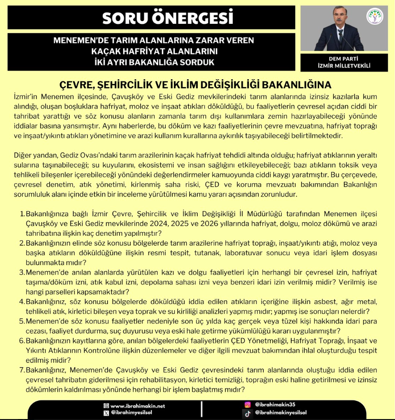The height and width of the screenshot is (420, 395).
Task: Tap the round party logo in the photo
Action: [x=374, y=16]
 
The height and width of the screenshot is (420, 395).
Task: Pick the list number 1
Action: [x=22, y=215]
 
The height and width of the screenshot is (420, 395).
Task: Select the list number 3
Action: [x=22, y=273]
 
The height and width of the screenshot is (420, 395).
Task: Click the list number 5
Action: [x=22, y=321]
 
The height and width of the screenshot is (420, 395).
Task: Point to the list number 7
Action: [x=22, y=370]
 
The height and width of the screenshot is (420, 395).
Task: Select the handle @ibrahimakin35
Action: [x=276, y=405]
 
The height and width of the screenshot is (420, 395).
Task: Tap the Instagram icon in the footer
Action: [x=247, y=405]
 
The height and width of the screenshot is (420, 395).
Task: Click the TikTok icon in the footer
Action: [x=247, y=413]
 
